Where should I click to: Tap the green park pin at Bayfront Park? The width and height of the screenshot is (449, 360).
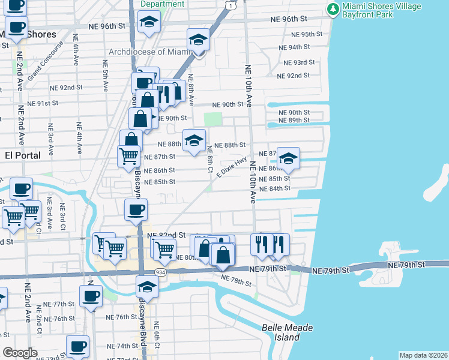click(x=332, y=10)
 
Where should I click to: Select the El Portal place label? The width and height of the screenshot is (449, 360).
click(x=22, y=155)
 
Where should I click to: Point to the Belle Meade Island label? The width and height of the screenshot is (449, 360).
click(x=281, y=332)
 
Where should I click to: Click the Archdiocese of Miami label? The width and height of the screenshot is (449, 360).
click(x=149, y=52)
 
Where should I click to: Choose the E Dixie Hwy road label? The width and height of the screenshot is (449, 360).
click(x=232, y=167)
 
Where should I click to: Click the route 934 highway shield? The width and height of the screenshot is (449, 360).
click(x=160, y=272)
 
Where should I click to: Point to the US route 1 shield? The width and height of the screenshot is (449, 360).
click(x=231, y=5)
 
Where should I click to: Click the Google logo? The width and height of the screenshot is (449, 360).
click(x=20, y=353)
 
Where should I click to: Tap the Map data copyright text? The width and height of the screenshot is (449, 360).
click(x=424, y=355)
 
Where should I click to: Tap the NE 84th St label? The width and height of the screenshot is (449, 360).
click(x=275, y=188)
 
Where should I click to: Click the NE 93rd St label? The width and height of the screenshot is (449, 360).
click(x=299, y=62)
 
